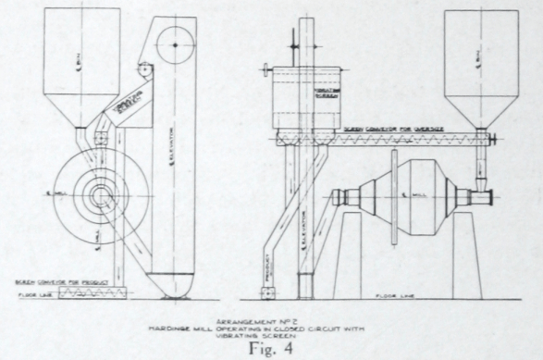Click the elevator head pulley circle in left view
(174, 42)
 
